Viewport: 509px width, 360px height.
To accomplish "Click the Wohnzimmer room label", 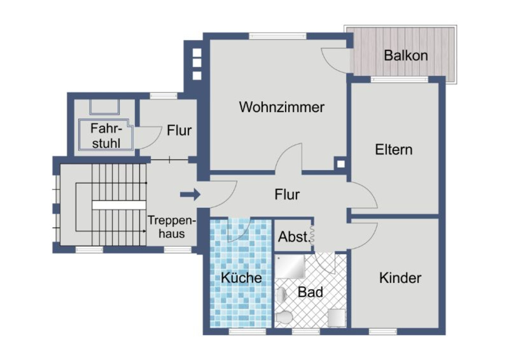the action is point(281,107).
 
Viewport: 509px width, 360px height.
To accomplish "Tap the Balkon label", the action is point(406,56).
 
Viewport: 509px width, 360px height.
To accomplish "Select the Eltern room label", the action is point(394,150).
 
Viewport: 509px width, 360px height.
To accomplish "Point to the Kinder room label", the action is point(400,278).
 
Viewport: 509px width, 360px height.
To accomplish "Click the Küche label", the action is point(241,278).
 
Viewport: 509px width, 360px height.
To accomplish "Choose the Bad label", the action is point(310,292).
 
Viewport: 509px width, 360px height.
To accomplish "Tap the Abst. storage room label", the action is point(294,237).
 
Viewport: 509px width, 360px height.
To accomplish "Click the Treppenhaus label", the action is point(172,227).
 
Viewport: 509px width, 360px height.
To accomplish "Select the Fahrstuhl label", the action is point(106,135).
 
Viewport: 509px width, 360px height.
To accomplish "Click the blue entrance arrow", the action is point(190,195).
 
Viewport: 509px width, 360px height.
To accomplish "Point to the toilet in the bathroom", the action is point(284,317).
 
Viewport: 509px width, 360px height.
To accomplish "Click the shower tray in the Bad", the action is point(290,266).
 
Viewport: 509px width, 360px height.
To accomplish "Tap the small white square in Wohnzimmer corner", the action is point(341,164).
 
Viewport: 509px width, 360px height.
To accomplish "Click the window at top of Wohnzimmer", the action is point(277,36).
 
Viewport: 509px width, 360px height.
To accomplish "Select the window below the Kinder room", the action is point(383,331).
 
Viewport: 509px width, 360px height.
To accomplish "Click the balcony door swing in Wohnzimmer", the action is point(335,60).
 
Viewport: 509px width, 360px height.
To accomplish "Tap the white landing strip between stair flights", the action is point(119,205).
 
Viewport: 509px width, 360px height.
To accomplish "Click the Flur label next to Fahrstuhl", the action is point(179,130).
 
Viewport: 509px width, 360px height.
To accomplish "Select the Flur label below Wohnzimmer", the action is point(287,195).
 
